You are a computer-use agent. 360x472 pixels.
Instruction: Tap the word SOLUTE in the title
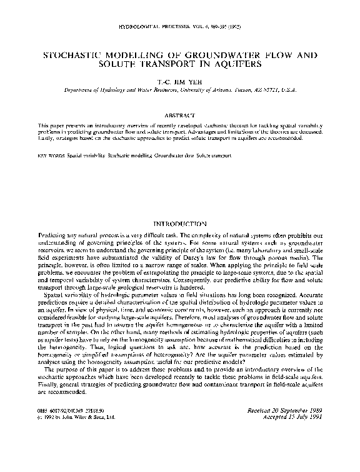[x=125, y=64]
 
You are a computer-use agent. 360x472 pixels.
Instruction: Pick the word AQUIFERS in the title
[x=236, y=64]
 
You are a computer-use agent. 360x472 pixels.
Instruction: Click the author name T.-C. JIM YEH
[x=180, y=81]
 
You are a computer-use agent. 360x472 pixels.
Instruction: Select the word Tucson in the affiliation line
[x=243, y=90]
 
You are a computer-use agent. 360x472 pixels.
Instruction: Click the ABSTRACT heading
[x=180, y=115]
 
